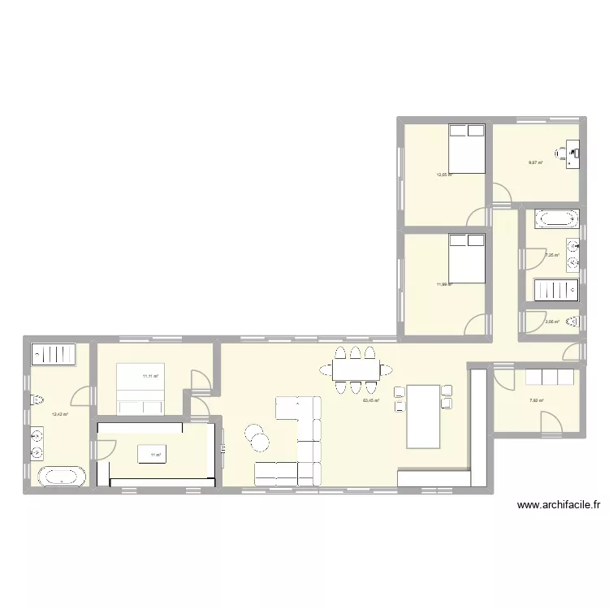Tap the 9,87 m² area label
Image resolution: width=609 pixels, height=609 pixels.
point(535,162)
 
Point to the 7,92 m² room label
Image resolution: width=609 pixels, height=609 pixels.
point(537,400)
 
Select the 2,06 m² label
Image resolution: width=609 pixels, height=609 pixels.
point(550,322)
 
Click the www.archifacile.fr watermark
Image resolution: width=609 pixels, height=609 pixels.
point(559,505)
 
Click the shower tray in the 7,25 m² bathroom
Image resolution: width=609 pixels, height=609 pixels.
point(555,290)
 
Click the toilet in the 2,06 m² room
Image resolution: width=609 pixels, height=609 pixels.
point(572,322)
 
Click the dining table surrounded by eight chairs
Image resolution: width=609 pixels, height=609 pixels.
point(356,370)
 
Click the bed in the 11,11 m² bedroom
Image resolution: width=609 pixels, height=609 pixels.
point(142,389)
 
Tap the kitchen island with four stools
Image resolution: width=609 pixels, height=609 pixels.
point(423,416)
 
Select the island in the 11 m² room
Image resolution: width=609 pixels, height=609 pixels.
point(155,453)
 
